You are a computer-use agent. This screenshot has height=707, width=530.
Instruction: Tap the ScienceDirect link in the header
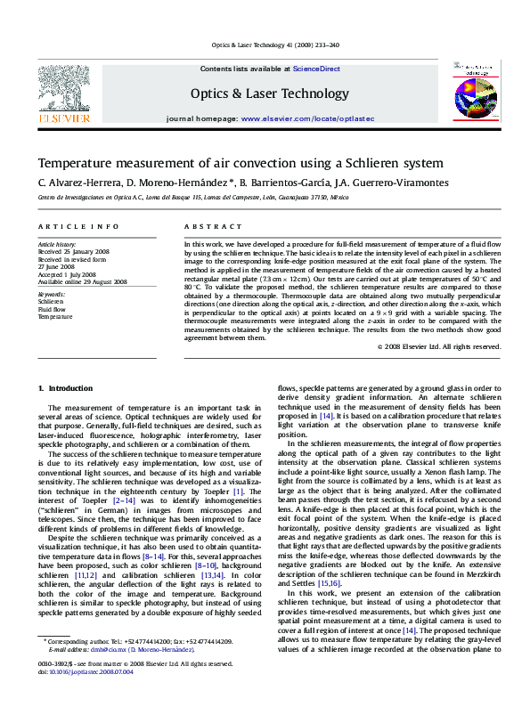point(317,69)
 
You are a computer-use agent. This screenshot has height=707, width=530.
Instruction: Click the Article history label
point(56,243)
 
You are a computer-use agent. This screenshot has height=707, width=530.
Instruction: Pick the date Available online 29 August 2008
point(82,281)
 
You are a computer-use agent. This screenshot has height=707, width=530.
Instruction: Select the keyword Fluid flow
point(51,309)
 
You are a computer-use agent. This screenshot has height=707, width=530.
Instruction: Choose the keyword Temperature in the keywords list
point(55,316)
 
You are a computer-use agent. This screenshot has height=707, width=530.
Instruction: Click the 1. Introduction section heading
point(66,388)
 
